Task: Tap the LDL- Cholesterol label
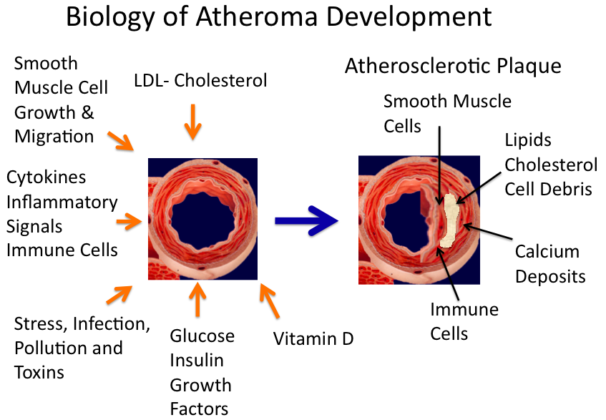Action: tap(200, 80)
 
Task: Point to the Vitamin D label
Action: tap(313, 338)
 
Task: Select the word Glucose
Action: tap(202, 336)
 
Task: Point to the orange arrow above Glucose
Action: tap(198, 300)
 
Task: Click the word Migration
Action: tap(54, 136)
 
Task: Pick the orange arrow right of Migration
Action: tap(121, 141)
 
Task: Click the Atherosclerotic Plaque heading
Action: tap(452, 67)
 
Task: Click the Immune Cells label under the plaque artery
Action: tap(464, 321)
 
